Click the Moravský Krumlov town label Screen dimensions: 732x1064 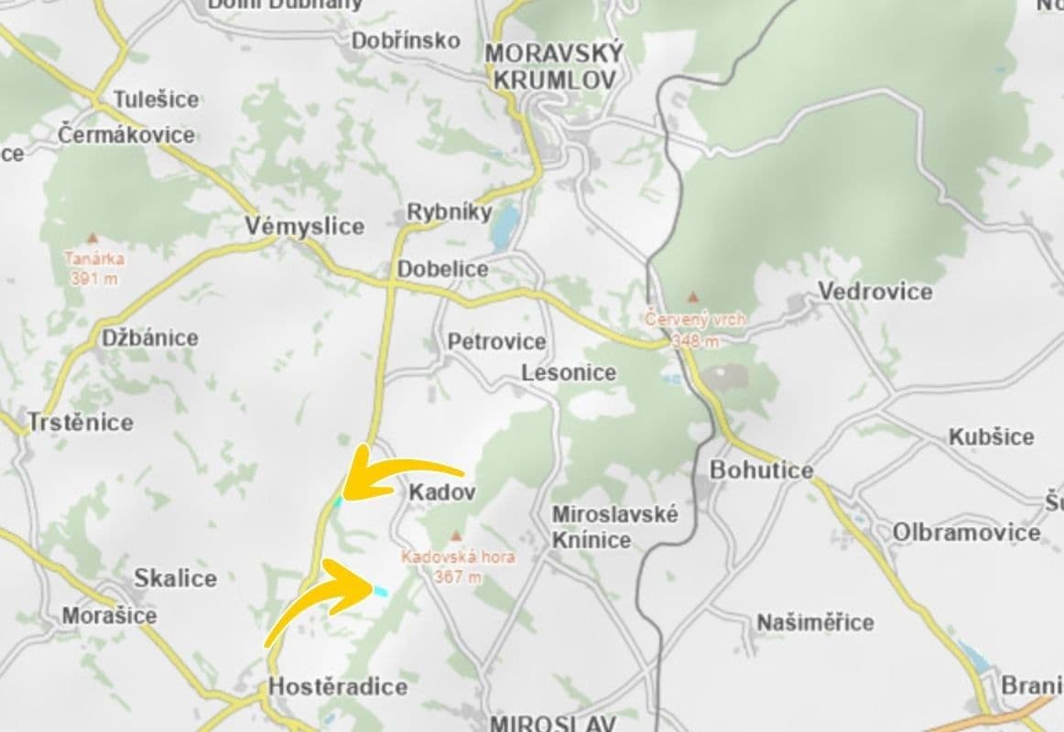[553, 66]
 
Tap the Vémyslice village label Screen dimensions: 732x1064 [305, 226]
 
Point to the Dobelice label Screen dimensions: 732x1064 [442, 269]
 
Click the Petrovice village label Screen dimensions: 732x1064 [496, 341]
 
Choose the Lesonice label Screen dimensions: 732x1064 [569, 372]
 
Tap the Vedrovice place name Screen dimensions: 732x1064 [874, 291]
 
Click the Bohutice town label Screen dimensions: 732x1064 [762, 470]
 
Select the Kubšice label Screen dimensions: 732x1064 [991, 436]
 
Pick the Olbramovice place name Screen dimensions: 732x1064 [967, 532]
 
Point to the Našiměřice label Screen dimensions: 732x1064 [815, 622]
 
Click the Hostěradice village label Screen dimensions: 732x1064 [337, 686]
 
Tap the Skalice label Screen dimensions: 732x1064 [176, 578]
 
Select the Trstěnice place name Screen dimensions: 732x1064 [81, 423]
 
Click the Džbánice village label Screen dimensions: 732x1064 [149, 338]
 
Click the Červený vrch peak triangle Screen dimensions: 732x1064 [693, 297]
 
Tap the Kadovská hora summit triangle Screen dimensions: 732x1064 [456, 536]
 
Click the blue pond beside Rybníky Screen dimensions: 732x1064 [504, 227]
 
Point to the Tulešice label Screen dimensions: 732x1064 [156, 99]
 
